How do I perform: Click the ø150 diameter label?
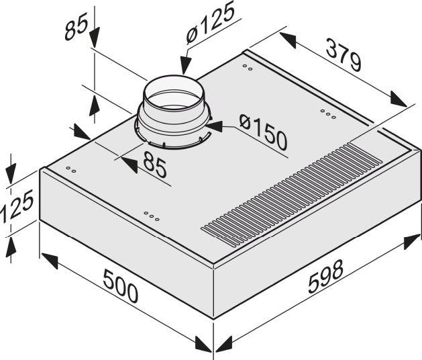pos(262,132)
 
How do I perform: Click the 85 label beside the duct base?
pos(154,165)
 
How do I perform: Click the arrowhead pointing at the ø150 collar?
pos(213,124)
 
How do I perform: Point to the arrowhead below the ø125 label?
pos(186,68)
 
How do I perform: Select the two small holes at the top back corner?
pos(248,67)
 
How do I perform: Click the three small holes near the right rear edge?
pos(327,114)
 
